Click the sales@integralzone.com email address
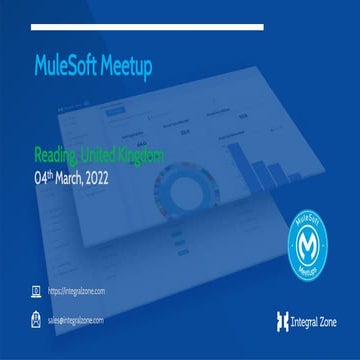[76, 320]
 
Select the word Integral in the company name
[304, 321]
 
